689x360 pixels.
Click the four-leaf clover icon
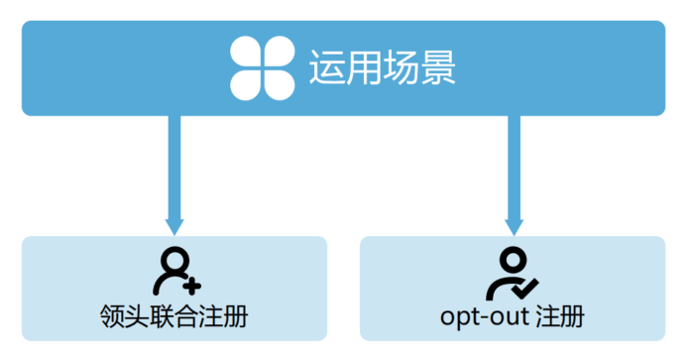coord(262,67)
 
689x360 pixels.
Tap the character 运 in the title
coord(328,67)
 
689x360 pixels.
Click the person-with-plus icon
coord(175,271)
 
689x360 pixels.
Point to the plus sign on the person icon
coord(192,285)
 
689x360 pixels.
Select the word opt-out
coord(483,319)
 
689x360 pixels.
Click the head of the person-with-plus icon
coord(172,260)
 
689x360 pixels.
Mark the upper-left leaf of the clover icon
coord(247,54)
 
